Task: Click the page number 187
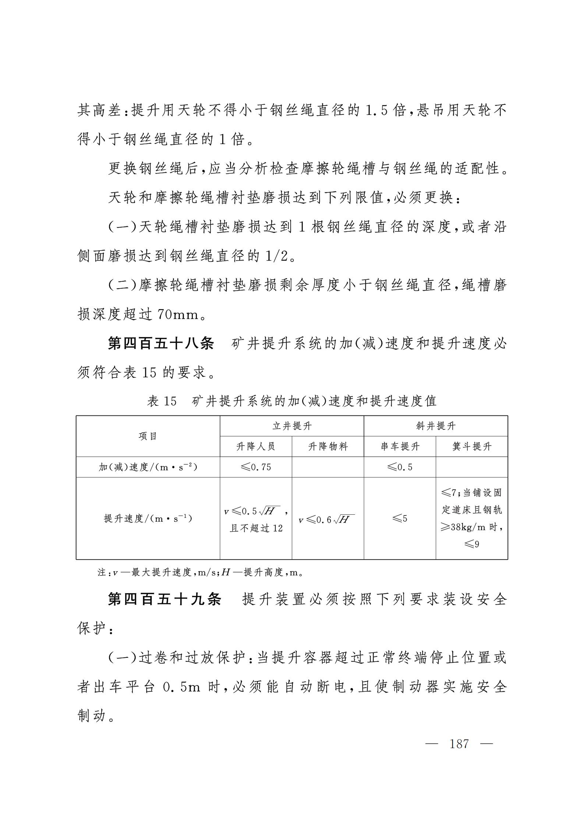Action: [459, 744]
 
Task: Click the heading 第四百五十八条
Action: [161, 344]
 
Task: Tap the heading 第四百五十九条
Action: [164, 599]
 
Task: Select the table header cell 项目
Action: [148, 436]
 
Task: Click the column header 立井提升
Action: [292, 426]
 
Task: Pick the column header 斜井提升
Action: [436, 426]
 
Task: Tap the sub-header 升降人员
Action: [256, 447]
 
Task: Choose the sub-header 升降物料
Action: [328, 447]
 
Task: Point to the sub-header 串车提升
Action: [400, 447]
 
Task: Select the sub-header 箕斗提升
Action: [472, 447]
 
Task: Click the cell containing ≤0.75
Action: [256, 467]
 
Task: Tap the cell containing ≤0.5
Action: [400, 467]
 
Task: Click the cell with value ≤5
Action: [400, 519]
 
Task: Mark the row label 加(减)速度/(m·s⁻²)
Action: [148, 467]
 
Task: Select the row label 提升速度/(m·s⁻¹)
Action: [148, 519]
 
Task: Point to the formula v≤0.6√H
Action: [326, 520]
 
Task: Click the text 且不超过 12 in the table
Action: [256, 528]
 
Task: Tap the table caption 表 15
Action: [162, 401]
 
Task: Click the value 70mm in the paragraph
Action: [178, 315]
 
